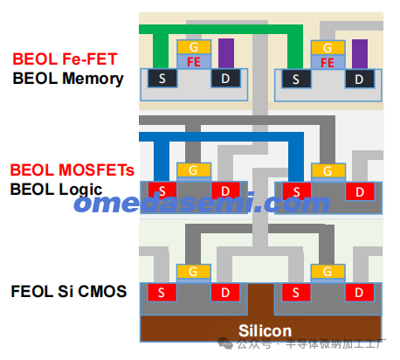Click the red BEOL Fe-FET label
(x=65, y=59)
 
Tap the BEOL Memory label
(x=68, y=79)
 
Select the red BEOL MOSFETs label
(x=72, y=170)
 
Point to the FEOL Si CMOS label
(x=69, y=291)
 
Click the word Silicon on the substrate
(x=265, y=330)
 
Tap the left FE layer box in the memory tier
(x=194, y=61)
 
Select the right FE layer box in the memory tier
(x=328, y=62)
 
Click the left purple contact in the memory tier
(x=226, y=53)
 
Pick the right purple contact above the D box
(x=360, y=54)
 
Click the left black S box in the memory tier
(x=162, y=78)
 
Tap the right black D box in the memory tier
(x=360, y=79)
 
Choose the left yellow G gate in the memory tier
(x=194, y=47)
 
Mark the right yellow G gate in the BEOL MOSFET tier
(x=328, y=170)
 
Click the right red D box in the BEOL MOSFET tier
(x=360, y=191)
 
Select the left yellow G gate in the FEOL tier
(x=194, y=272)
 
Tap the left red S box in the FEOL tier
(x=162, y=292)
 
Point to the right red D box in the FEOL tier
(x=359, y=292)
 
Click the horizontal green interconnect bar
(x=221, y=29)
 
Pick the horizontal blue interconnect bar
(x=222, y=136)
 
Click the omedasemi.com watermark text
(x=202, y=202)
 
